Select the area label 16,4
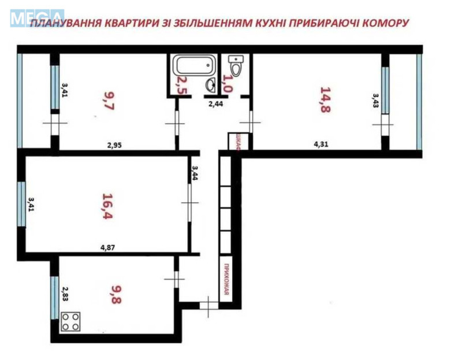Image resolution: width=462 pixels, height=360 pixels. [107, 203]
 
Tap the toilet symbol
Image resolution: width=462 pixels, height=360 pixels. [236, 61]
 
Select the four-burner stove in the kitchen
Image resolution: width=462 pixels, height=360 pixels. [71, 321]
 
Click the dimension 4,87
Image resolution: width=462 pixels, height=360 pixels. [107, 248]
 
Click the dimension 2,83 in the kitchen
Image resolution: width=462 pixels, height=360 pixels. [65, 295]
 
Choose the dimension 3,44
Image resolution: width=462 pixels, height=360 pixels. [195, 173]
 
